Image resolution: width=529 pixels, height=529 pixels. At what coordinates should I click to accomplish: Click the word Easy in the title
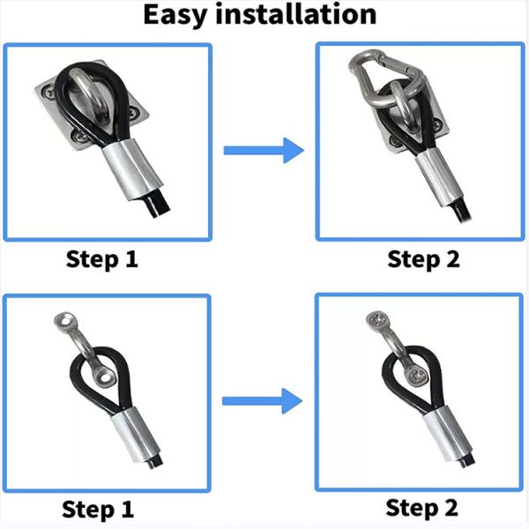click(x=175, y=15)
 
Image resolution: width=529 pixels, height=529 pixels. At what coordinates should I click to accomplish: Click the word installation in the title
click(x=296, y=14)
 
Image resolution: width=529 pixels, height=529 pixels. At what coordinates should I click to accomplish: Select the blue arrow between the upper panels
click(x=264, y=151)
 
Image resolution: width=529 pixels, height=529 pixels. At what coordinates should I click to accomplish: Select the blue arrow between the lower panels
click(x=262, y=401)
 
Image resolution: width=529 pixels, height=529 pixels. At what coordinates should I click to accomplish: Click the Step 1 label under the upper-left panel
click(x=102, y=259)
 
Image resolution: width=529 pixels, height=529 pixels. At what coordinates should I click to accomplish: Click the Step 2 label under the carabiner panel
click(x=423, y=259)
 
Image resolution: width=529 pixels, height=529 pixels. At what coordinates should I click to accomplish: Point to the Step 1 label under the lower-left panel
click(x=98, y=510)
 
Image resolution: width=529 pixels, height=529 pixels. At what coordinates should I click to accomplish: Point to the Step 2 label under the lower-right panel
click(x=421, y=508)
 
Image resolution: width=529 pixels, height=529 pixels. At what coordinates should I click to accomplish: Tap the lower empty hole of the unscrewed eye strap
click(x=106, y=377)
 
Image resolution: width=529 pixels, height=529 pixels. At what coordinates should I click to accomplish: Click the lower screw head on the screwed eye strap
click(x=418, y=376)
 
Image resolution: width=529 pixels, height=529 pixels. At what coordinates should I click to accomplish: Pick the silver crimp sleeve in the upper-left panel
click(x=132, y=169)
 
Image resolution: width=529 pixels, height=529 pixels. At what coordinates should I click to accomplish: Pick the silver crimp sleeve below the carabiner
click(x=438, y=178)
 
